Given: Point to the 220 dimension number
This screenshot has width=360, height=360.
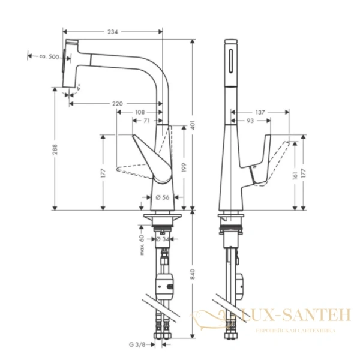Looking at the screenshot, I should (118, 104).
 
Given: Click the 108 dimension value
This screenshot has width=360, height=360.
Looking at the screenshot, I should (139, 112).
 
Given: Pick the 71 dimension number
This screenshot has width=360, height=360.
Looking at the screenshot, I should (146, 121).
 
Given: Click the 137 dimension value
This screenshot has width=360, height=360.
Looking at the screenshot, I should (260, 112).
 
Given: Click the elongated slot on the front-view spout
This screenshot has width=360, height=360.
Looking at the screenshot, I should (231, 60).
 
